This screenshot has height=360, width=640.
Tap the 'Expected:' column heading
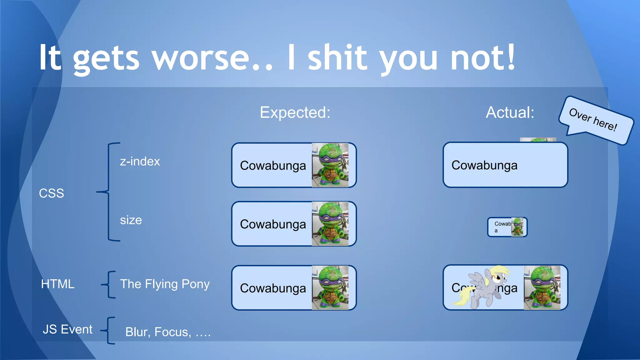tap(295, 112)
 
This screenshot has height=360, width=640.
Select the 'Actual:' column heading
tap(510, 112)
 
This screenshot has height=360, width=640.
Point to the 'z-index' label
tap(140, 162)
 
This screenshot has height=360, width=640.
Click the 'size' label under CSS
tap(131, 220)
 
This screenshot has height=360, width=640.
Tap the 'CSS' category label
tap(52, 193)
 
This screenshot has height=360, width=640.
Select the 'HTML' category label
tap(58, 284)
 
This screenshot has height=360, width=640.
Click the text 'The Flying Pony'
tap(165, 284)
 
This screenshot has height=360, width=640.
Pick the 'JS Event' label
tap(67, 329)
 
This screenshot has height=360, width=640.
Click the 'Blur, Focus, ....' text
tap(168, 332)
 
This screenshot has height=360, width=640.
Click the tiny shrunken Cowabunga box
tap(507, 227)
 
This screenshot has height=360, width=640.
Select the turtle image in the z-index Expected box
tap(330, 165)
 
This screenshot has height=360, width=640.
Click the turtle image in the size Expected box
tap(330, 224)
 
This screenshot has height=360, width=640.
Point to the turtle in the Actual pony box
tap(542, 287)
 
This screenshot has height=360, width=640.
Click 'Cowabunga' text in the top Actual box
tap(484, 165)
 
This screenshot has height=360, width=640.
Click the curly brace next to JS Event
tap(108, 330)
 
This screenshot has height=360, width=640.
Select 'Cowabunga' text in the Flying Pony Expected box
tap(273, 288)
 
